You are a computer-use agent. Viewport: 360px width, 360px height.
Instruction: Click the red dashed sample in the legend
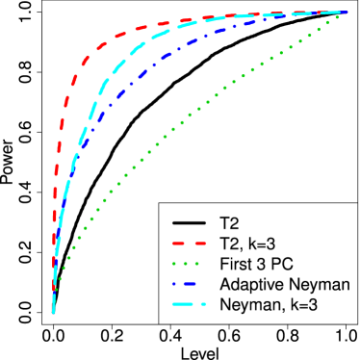pos(189,244)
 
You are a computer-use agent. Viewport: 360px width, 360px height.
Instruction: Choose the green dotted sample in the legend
pos(186,264)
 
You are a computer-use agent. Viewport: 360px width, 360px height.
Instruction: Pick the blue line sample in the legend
pos(185,284)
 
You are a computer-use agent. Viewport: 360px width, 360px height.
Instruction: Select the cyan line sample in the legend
pos(189,304)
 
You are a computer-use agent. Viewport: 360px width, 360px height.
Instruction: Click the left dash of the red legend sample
pos(177,244)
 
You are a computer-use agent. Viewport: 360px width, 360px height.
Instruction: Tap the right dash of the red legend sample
pos(199,244)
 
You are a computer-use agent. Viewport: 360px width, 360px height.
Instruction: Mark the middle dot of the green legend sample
pos(186,264)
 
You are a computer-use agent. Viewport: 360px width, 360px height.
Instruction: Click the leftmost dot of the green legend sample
pos(174,264)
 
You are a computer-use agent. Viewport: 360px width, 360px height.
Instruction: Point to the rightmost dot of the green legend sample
pos(197,264)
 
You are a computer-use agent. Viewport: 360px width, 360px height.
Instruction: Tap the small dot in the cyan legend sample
pos(203,304)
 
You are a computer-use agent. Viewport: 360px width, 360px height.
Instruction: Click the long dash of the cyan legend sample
pos(184,304)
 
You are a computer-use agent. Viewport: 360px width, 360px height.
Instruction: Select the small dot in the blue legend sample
pos(174,284)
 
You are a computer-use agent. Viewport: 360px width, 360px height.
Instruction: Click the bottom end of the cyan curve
pos(53,311)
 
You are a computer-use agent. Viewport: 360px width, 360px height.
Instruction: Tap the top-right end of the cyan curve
pos(345,13)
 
